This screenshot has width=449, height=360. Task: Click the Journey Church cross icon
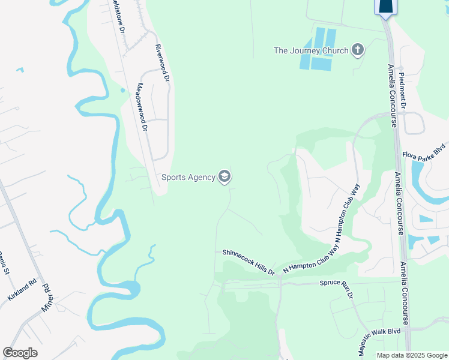[358, 50]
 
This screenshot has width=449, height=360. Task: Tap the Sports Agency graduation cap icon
[225, 176]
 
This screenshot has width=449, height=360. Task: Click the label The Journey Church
[311, 50]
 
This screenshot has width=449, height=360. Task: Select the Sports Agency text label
[188, 177]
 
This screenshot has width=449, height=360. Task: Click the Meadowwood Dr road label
[142, 106]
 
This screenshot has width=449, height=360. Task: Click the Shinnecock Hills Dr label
[249, 262]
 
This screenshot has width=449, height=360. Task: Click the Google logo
[20, 353]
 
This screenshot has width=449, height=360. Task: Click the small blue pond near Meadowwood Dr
[122, 91]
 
